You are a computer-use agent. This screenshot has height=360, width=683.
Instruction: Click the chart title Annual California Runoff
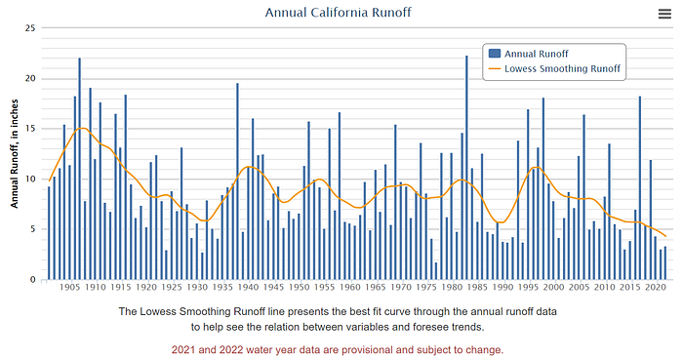pyautogui.click(x=338, y=12)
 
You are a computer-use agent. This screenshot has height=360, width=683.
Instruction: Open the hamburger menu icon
pyautogui.click(x=664, y=14)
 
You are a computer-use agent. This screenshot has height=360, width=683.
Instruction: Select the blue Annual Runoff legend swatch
pyautogui.click(x=495, y=54)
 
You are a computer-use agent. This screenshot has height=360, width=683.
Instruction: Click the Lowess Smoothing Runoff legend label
pyautogui.click(x=562, y=68)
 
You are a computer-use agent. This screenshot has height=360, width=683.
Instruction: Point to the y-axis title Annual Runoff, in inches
pyautogui.click(x=15, y=154)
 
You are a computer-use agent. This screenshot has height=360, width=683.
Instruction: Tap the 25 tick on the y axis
pyautogui.click(x=30, y=28)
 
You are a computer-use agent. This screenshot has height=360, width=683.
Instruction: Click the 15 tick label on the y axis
pyautogui.click(x=30, y=129)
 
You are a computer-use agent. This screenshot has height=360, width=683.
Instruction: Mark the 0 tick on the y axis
pyautogui.click(x=32, y=280)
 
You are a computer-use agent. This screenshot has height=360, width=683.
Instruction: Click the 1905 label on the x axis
pyautogui.click(x=69, y=287)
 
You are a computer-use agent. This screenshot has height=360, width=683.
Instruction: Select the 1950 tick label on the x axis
pyautogui.click(x=300, y=287)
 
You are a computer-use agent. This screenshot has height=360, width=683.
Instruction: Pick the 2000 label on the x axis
pyautogui.click(x=554, y=287)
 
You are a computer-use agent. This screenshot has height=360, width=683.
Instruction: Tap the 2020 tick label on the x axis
pyautogui.click(x=656, y=287)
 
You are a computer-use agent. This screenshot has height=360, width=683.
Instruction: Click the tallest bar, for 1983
pyautogui.click(x=467, y=168)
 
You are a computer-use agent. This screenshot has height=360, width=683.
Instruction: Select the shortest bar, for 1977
pyautogui.click(x=436, y=271)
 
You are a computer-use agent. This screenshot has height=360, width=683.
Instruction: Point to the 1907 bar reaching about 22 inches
pyautogui.click(x=80, y=169)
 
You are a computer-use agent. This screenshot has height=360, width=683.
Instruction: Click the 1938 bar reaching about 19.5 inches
pyautogui.click(x=237, y=181)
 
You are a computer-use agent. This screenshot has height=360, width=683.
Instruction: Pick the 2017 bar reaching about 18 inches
pyautogui.click(x=640, y=188)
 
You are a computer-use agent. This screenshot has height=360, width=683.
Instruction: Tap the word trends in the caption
pyautogui.click(x=469, y=327)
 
